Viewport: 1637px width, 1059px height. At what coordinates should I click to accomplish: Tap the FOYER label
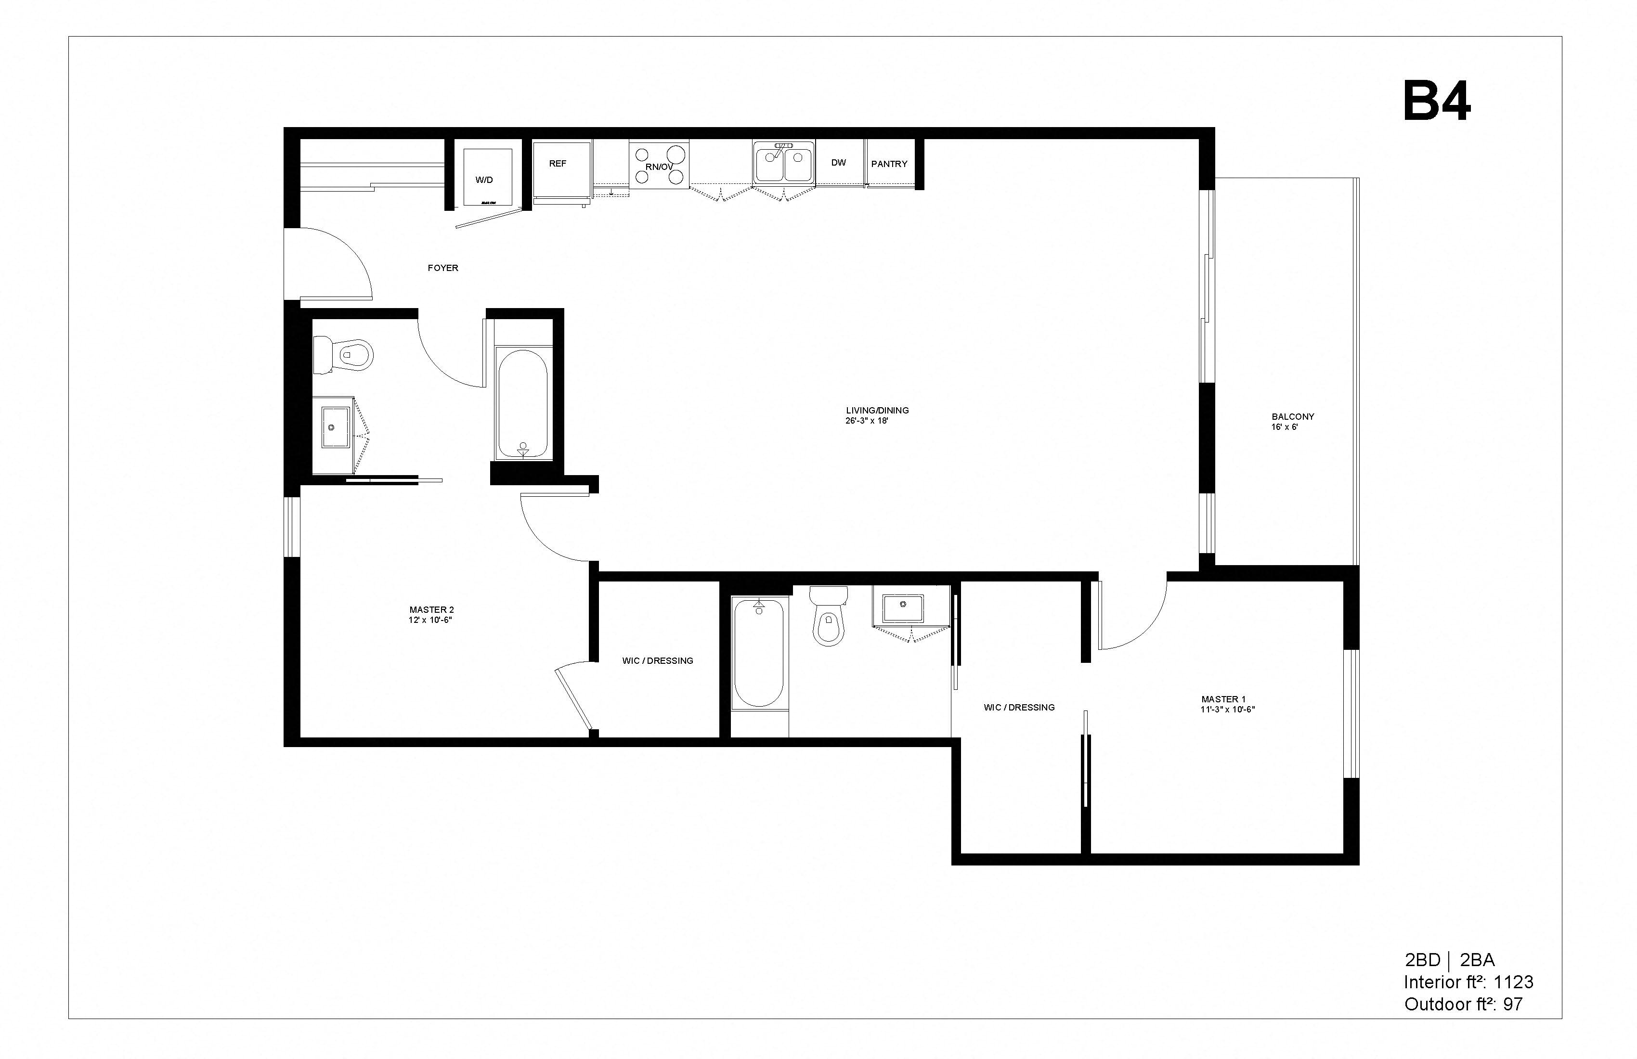[442, 268]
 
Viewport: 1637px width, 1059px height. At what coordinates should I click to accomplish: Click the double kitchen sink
[783, 164]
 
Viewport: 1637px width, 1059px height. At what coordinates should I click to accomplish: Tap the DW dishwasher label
[838, 163]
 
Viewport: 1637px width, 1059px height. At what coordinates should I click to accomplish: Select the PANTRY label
[889, 164]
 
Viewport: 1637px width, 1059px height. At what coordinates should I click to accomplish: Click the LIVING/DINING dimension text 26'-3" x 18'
[867, 421]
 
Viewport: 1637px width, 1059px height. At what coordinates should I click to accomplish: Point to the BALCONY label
[1292, 417]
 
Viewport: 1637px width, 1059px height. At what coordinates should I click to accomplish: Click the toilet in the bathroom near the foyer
[344, 355]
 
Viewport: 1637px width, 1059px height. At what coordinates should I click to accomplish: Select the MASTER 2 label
[431, 610]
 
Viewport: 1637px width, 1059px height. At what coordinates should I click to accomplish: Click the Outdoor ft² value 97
[1512, 1004]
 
